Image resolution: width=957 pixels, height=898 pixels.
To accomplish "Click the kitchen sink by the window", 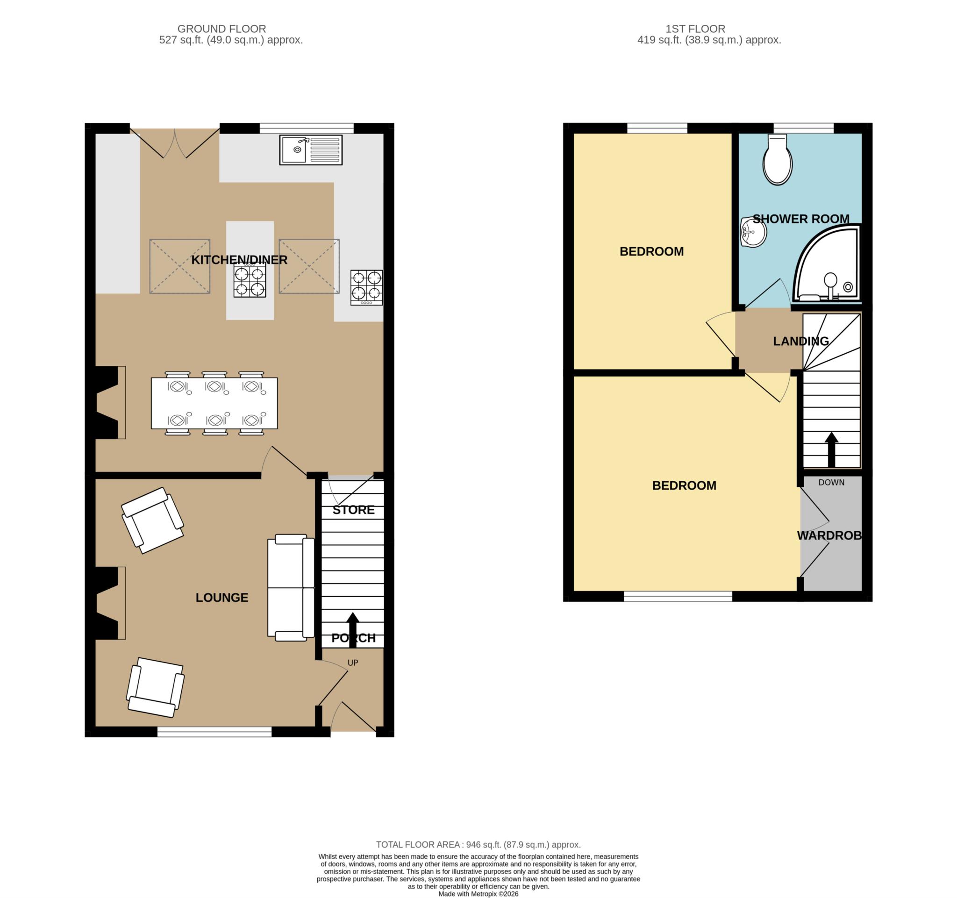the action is [310, 150].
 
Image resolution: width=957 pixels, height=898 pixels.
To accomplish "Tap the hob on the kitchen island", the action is [250, 282].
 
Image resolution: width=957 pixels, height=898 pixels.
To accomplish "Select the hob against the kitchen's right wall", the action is [367, 288].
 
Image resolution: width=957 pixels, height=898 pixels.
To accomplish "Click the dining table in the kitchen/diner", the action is [214, 403].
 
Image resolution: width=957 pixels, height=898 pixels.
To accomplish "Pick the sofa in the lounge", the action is [291, 588].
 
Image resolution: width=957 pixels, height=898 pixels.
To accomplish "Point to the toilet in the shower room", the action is [778, 159].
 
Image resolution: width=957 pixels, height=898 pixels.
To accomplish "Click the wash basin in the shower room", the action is [753, 232].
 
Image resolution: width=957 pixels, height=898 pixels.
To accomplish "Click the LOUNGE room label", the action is [222, 597].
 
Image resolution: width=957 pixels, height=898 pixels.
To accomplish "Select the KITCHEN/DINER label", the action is [239, 260].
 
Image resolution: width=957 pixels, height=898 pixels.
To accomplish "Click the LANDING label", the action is [801, 341].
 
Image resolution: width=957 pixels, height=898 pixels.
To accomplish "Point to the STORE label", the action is [353, 510].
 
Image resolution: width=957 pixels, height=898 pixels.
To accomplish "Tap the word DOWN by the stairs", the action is [831, 482].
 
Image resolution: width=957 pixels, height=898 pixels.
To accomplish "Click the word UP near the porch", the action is [353, 663].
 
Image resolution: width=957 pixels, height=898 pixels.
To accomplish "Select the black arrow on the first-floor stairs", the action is [831, 449].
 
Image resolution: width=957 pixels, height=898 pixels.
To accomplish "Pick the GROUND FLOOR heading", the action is [222, 29].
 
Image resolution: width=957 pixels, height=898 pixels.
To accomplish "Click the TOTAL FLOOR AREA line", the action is [478, 844].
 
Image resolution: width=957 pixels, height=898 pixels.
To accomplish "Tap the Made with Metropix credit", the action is [478, 894].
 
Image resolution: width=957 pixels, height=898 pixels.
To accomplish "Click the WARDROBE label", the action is [829, 535].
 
